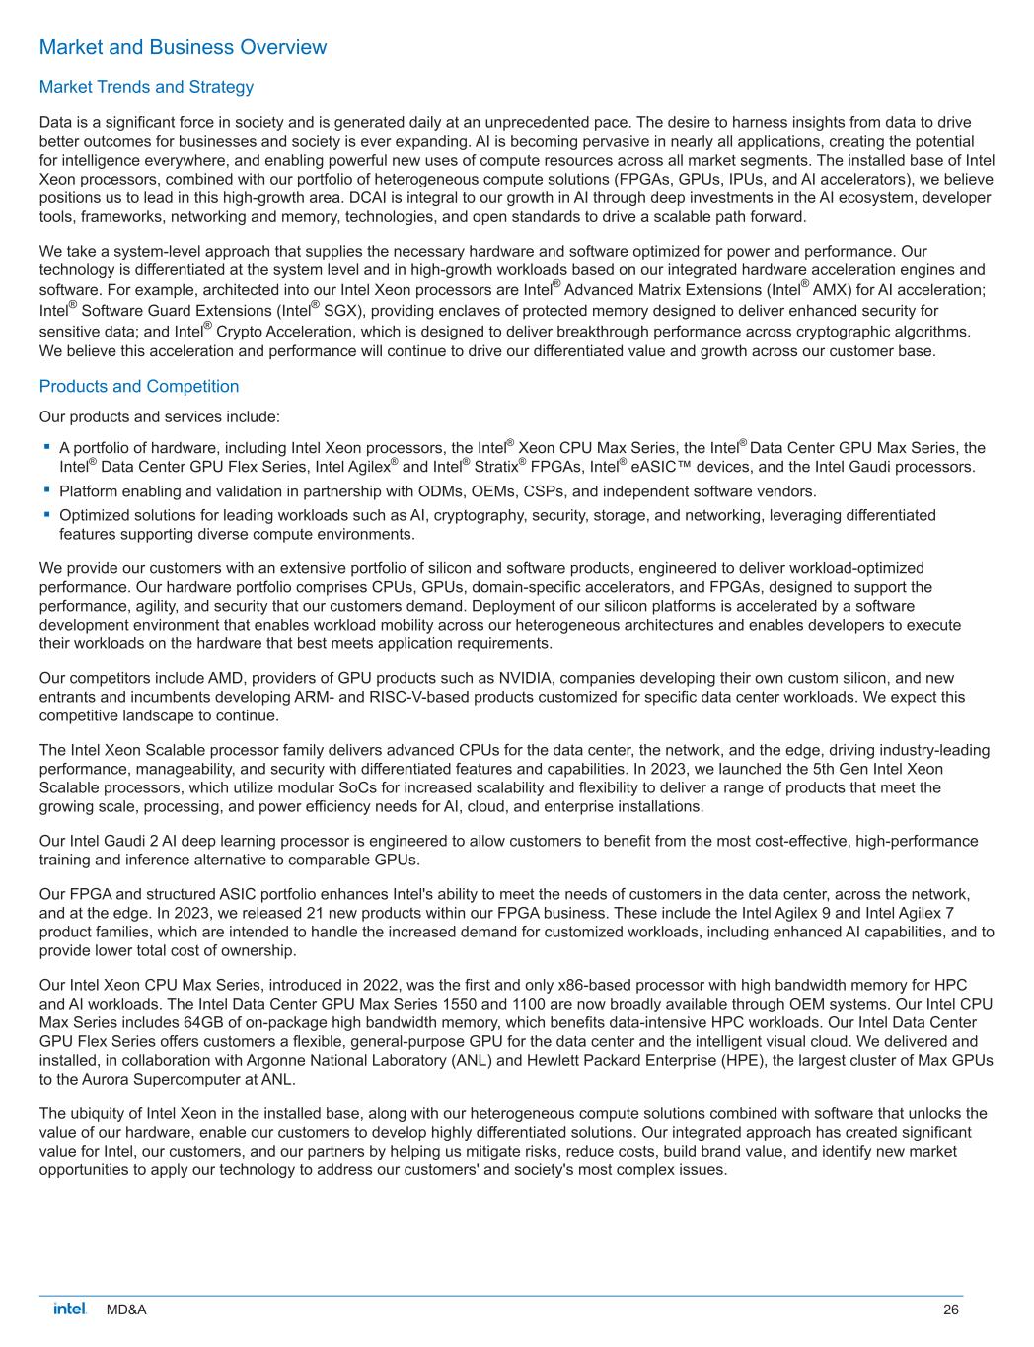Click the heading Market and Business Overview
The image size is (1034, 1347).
[183, 47]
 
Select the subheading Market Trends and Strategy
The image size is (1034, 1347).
[146, 87]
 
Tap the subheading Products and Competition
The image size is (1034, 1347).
[139, 386]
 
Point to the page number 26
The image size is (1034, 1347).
[950, 1310]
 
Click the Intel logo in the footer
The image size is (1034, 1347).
[70, 1309]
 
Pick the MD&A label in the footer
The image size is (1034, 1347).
[126, 1310]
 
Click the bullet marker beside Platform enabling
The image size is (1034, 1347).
[46, 489]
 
